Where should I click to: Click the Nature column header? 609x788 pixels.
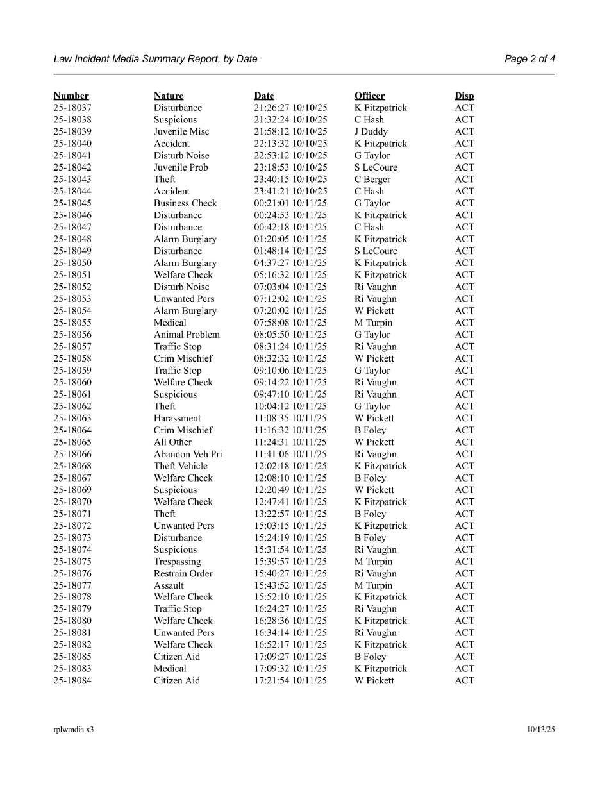click(169, 96)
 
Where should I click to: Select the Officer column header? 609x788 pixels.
click(370, 96)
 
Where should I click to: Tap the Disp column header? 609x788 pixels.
click(464, 96)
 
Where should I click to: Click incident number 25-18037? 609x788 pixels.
click(72, 108)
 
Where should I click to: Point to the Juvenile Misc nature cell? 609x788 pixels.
click(181, 132)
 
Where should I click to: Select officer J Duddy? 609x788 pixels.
click(371, 132)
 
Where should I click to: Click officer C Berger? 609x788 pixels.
click(372, 180)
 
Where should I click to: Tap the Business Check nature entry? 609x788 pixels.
click(185, 203)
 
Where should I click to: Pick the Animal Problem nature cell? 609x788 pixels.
click(187, 335)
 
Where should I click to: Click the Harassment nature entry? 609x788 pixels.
click(177, 418)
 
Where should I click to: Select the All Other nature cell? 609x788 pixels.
click(172, 442)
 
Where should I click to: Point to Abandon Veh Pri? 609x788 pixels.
click(188, 454)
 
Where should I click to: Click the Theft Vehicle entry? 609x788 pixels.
click(181, 466)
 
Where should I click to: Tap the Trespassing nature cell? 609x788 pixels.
click(177, 562)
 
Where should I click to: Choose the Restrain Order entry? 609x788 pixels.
click(183, 574)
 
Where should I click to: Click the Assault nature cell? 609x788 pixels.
click(169, 585)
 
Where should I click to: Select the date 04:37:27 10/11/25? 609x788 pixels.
click(290, 263)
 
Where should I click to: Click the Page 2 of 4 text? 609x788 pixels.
click(530, 59)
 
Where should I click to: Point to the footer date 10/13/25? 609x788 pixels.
click(541, 730)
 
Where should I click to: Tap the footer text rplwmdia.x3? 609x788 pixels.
click(74, 730)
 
